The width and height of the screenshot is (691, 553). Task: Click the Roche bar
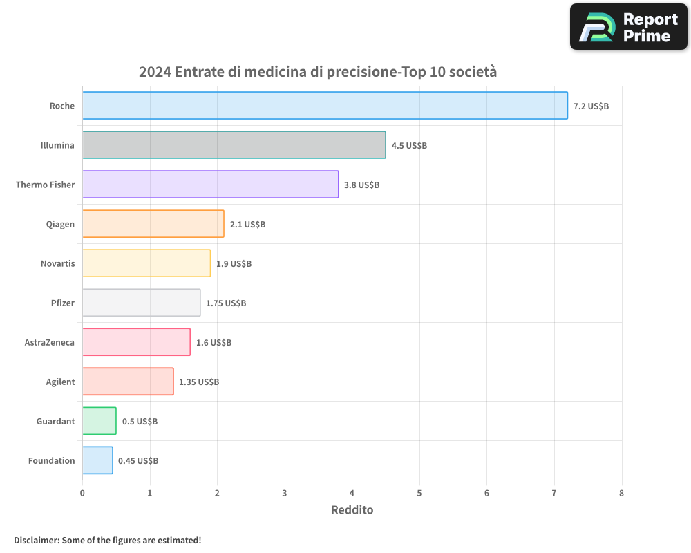click(x=325, y=106)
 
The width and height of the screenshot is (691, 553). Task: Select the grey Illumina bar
click(x=234, y=145)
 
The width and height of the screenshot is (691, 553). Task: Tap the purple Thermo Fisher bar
click(x=210, y=185)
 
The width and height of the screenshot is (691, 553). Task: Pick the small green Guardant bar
click(x=100, y=421)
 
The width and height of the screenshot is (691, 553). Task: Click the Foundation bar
click(x=97, y=460)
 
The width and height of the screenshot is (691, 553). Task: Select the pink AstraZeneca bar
click(x=136, y=342)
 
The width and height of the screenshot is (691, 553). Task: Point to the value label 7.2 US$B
click(x=591, y=106)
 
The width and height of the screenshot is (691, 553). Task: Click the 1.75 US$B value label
click(x=226, y=303)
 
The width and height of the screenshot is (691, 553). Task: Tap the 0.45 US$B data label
click(x=138, y=461)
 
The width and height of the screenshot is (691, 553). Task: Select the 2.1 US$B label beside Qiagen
click(x=247, y=225)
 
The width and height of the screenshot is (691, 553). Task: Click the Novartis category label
click(x=57, y=264)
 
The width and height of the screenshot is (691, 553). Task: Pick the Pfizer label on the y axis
click(x=61, y=303)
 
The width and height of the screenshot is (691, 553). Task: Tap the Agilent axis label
click(x=60, y=382)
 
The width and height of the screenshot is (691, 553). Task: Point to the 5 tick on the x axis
click(x=419, y=494)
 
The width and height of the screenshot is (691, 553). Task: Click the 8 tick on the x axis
click(x=621, y=494)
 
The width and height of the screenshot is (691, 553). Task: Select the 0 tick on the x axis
click(x=82, y=494)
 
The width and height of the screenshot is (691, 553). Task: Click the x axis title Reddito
click(x=352, y=510)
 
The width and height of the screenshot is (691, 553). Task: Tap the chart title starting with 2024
click(x=318, y=72)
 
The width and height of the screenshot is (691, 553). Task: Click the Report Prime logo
click(x=628, y=27)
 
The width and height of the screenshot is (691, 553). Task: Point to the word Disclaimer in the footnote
click(x=36, y=540)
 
